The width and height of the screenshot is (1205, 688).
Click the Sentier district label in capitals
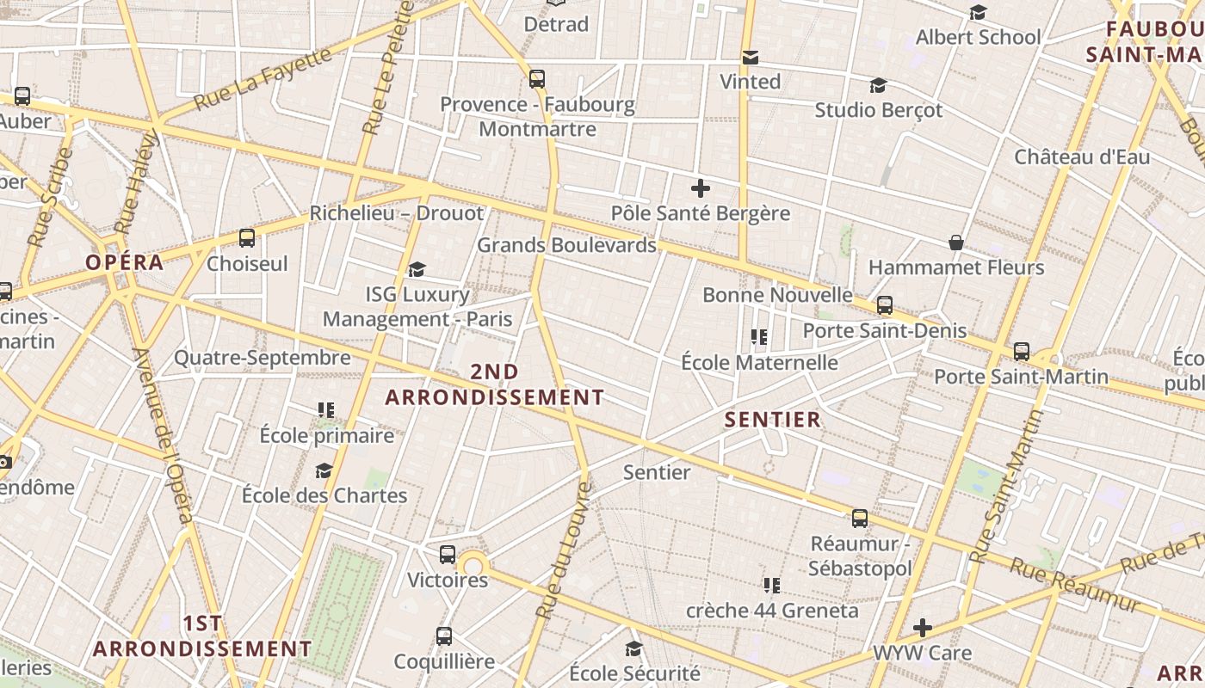pos(773,420)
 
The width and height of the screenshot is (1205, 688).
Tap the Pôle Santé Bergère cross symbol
pos(701,187)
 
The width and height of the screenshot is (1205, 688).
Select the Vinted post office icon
pos(751,58)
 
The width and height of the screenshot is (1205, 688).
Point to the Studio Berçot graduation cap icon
pos(878,86)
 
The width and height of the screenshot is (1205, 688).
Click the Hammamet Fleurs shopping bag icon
pos(955,243)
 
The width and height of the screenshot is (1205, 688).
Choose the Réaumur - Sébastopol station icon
pos(859,519)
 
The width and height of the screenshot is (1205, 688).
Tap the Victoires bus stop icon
pos(447,555)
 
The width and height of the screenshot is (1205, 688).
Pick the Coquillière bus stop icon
pos(444,636)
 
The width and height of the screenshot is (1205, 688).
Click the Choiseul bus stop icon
pos(247,238)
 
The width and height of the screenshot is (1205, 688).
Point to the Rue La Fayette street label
pos(262,79)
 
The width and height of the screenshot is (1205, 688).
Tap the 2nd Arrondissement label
pos(494,384)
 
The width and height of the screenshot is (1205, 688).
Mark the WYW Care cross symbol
pos(923,628)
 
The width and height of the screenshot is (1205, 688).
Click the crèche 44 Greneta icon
pos(771,586)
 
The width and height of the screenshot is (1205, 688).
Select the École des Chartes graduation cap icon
pos(324,470)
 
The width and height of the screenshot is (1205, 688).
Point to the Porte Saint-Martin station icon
pos(1021,351)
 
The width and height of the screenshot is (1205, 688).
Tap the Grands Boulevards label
pos(566,245)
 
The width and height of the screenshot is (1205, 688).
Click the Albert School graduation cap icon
pos(978,13)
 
